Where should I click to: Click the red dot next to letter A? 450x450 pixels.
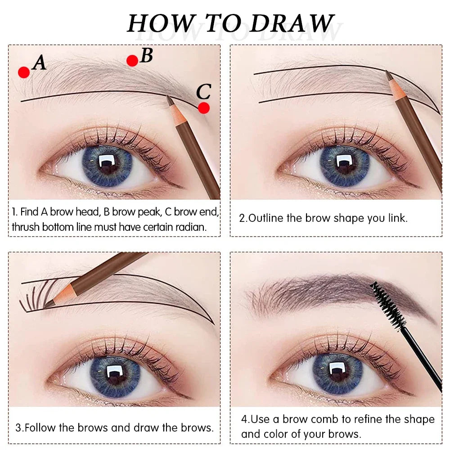point(24,72)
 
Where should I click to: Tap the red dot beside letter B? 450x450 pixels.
point(132,61)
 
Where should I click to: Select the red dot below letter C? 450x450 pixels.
point(204,108)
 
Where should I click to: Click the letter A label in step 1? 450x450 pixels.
point(40,63)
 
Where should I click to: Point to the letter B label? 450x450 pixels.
point(146,55)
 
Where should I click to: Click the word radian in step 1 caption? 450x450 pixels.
point(193,227)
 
